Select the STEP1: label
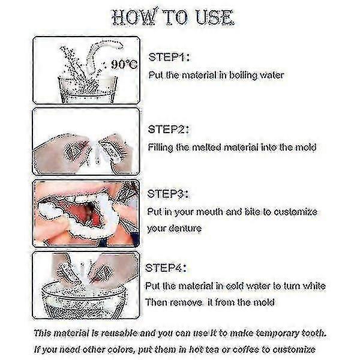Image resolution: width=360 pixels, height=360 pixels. (x=170, y=58)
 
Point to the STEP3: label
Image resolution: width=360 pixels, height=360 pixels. (x=170, y=194)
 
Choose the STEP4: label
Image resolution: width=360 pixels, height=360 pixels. (x=170, y=268)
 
